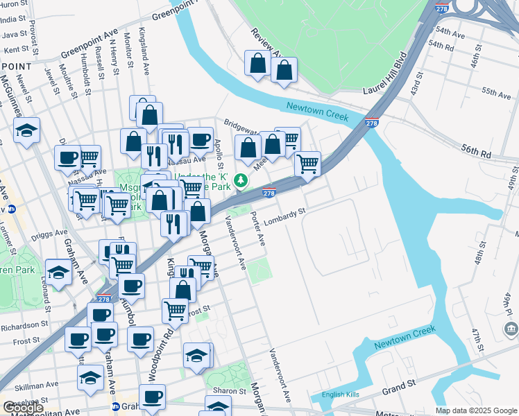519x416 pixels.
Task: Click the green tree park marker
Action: click(x=241, y=181)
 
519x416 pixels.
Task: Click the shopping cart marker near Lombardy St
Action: click(x=307, y=164)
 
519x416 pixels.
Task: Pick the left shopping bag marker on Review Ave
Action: click(x=257, y=64)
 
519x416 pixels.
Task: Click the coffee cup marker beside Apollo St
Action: click(x=201, y=139)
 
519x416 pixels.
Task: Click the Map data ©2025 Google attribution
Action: click(x=476, y=410)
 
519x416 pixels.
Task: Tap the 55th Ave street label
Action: click(x=496, y=92)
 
